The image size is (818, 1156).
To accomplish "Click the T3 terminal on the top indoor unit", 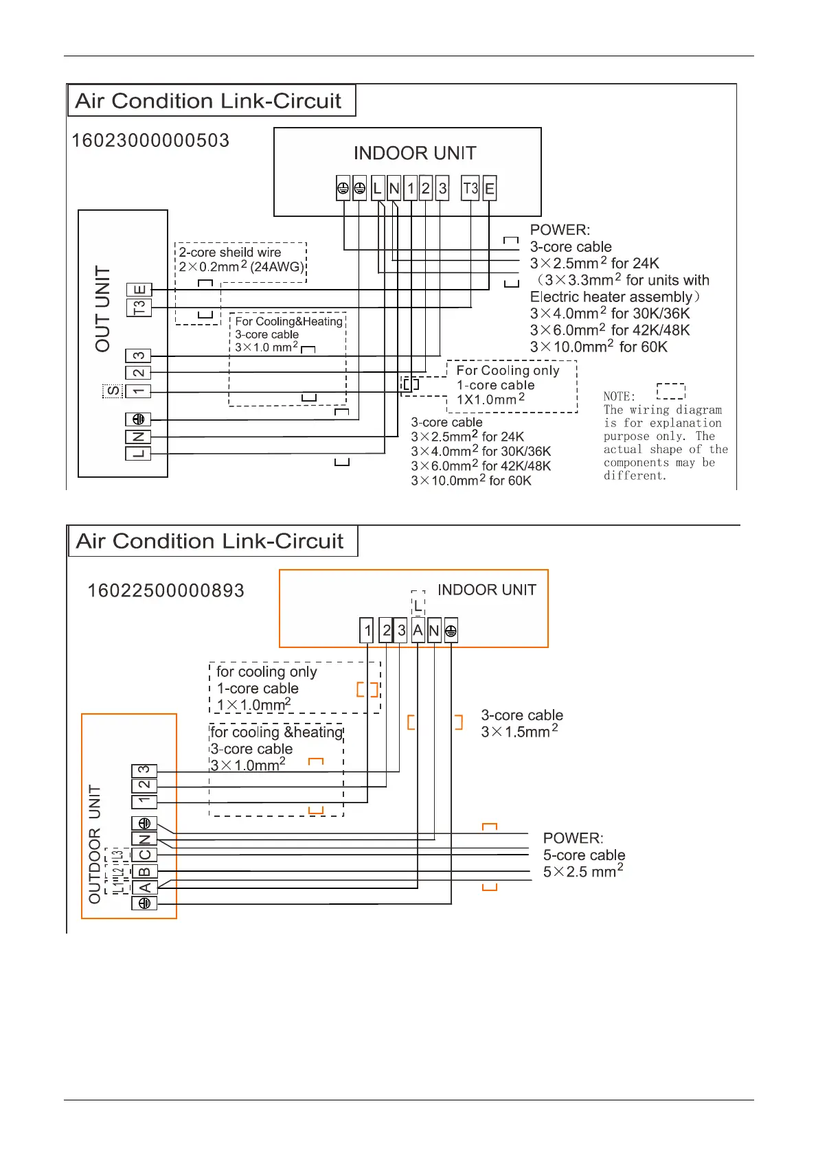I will [470, 188].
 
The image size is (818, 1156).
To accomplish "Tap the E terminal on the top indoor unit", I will [489, 188].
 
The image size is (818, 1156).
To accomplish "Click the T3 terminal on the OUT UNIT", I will [139, 307].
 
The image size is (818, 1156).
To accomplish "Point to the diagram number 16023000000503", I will [150, 141].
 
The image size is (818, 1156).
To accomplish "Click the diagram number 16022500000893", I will [166, 590].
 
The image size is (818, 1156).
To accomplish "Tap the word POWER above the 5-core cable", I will [573, 838].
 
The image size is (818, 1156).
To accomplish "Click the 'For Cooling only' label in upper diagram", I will [508, 371].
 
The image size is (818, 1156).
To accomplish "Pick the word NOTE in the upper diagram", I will [619, 396].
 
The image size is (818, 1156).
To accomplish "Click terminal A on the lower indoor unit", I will [418, 630].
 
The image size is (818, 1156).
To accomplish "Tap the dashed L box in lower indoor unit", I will [418, 605].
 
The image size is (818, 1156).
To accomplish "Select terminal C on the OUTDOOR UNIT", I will [144, 855].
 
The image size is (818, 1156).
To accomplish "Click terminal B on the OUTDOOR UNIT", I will [144, 872].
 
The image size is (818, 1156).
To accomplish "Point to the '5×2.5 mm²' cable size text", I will [583, 872].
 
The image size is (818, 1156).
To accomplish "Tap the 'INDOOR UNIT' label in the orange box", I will [486, 590].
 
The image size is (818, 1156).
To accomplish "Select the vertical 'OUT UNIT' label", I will [103, 309].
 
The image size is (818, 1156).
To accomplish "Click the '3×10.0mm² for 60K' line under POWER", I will [598, 347].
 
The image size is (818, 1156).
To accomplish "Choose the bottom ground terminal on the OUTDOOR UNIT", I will [144, 903].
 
